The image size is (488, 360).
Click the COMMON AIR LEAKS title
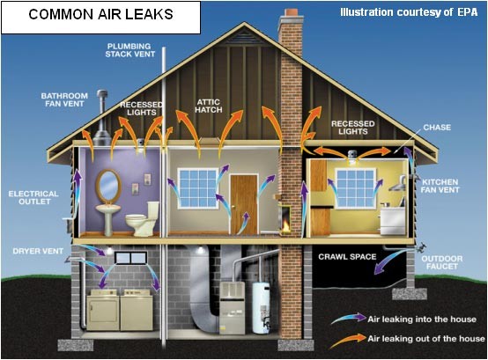click(x=100, y=14)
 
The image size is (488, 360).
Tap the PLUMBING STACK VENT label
click(x=130, y=50)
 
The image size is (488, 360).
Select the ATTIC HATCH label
click(x=209, y=106)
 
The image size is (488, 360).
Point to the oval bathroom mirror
click(x=108, y=186)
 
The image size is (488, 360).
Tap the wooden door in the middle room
click(x=244, y=204)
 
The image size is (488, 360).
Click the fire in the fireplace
click(x=285, y=225)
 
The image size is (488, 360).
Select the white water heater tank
click(x=261, y=308)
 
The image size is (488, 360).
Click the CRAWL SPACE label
click(x=347, y=257)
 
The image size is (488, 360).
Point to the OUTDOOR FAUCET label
click(x=442, y=262)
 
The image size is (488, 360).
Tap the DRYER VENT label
click(x=38, y=251)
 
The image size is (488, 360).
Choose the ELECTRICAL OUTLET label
click(x=33, y=198)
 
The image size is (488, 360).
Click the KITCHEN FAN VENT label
click(x=440, y=186)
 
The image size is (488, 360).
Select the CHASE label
click(x=437, y=128)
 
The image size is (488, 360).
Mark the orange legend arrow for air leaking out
click(x=348, y=340)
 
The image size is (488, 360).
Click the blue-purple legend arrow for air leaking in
click(x=349, y=318)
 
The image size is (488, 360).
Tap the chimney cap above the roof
click(x=291, y=12)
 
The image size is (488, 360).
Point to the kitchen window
click(x=356, y=188)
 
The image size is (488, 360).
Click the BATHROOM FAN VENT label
click(x=64, y=99)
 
